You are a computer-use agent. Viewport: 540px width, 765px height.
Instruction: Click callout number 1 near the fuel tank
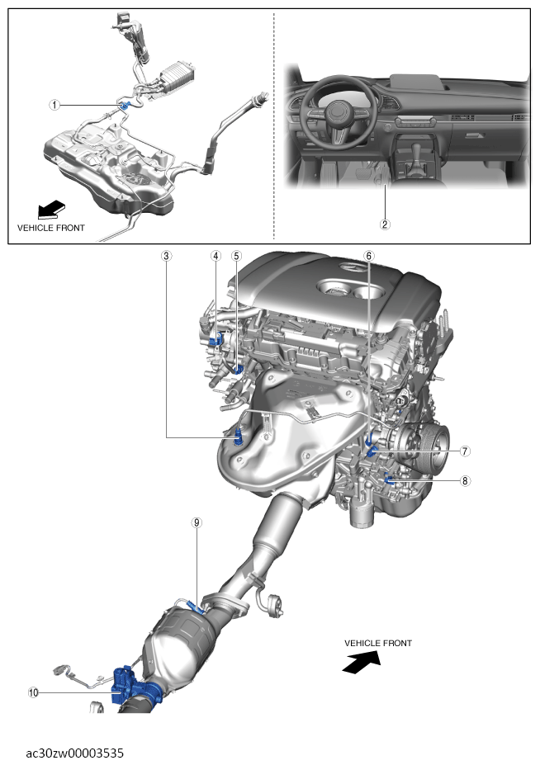pos(54,105)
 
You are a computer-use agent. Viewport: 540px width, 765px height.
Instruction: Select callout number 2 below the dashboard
pos(384,223)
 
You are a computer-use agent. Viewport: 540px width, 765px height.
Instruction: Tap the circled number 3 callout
pos(167,256)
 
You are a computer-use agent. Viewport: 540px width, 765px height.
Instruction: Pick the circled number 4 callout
pos(216,256)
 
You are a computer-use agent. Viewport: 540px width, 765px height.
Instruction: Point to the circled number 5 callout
pos(236,256)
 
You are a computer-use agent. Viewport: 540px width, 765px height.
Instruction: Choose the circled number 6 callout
pos(368,256)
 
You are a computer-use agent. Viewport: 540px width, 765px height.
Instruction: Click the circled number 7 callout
pos(465,451)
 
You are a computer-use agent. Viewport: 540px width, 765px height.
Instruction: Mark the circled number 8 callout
pos(465,480)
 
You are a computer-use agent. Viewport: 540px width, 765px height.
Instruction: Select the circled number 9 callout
pos(197,522)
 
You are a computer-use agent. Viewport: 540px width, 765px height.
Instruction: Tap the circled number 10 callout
pos(34,693)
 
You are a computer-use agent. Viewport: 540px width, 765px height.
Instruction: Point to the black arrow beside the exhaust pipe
pos(362,661)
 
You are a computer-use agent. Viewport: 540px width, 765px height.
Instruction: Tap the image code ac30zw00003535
pos(75,753)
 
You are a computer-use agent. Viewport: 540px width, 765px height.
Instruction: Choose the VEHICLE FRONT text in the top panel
pos(50,226)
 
